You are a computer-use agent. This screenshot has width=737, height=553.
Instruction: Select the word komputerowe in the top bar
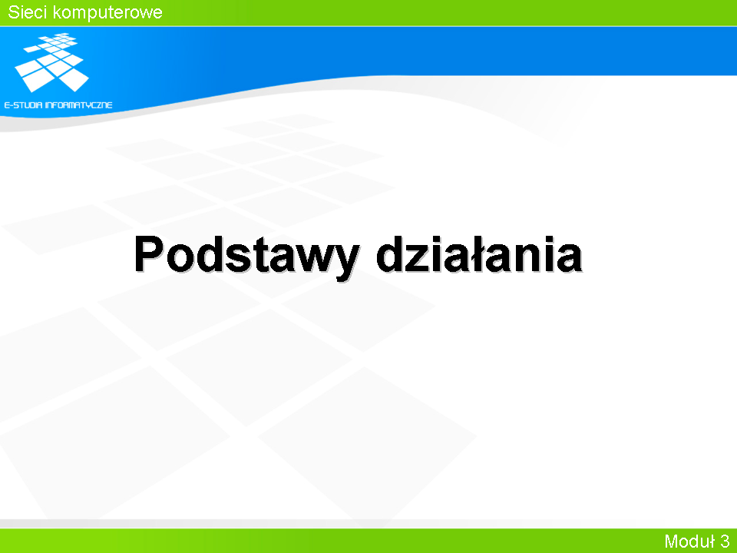107,13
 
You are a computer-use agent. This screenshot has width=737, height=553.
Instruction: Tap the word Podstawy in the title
246,255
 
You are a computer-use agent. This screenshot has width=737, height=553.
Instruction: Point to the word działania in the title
479,253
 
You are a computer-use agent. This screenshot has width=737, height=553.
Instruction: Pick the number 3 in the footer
724,541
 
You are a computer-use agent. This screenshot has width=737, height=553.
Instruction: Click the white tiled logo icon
51,62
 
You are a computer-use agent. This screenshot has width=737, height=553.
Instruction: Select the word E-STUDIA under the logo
23,105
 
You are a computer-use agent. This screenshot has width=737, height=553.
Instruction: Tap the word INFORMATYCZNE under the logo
78,105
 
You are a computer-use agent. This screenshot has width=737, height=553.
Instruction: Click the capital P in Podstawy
149,254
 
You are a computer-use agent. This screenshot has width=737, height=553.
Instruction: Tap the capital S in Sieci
14,12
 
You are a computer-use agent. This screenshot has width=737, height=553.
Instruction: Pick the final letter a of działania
568,259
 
